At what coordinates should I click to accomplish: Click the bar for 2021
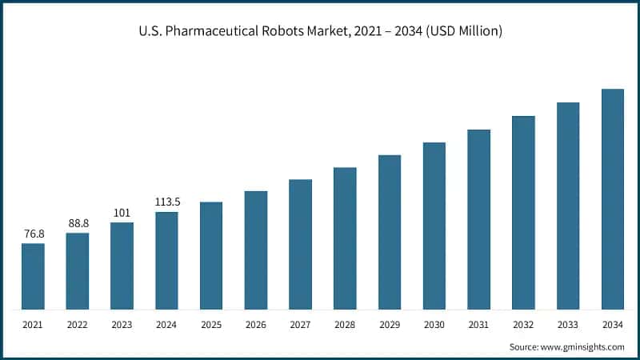pos(33,276)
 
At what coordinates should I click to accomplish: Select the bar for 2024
pos(166,260)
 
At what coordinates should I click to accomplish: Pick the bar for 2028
pos(345,238)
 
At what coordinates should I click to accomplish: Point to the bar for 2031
pos(478,219)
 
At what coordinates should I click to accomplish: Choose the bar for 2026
pos(256,250)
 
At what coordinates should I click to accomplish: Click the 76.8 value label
pos(33,234)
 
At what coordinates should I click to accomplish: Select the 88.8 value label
pos(78,223)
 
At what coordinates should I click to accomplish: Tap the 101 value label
pos(122,213)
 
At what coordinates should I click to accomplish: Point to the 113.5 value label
pos(166,202)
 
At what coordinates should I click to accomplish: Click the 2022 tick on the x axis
pos(78,324)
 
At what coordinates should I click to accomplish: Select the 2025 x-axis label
pos(211,324)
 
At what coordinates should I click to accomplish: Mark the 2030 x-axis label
pos(434,324)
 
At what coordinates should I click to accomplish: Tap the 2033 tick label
pos(568,324)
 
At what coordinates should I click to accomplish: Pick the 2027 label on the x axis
pos(300,324)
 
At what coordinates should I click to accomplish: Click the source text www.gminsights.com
pos(583,346)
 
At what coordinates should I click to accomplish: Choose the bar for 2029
pos(390,232)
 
